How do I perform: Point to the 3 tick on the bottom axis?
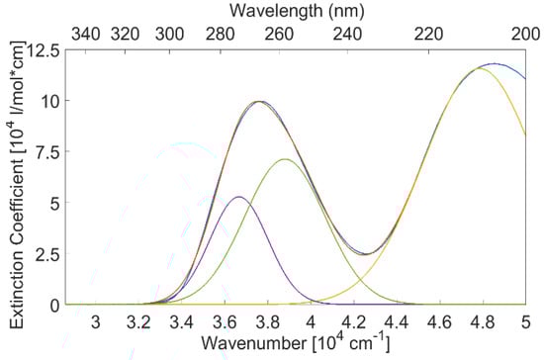[x=96, y=305]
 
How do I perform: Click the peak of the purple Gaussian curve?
[x=238, y=197]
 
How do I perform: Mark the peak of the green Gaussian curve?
[x=285, y=159]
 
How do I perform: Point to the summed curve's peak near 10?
[x=259, y=101]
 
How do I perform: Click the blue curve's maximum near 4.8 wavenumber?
[x=490, y=64]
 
